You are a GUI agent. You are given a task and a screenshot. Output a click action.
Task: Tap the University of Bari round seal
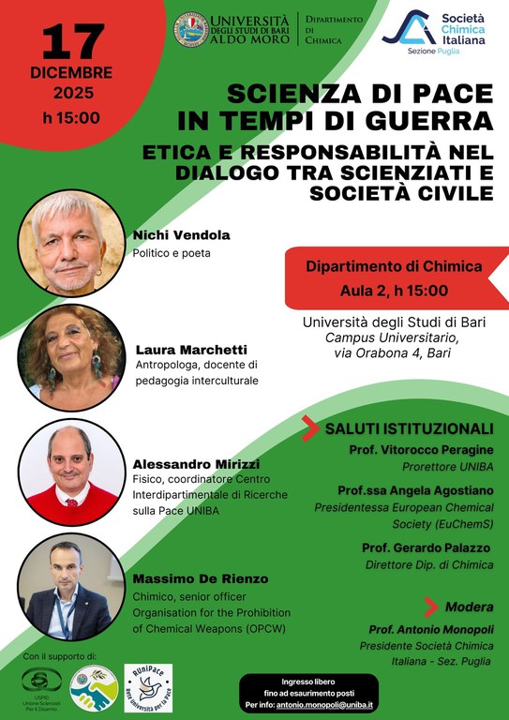coord(192,29)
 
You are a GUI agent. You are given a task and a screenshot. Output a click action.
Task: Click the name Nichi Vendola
coord(181,235)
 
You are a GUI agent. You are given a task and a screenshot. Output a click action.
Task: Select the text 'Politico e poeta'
coord(172,253)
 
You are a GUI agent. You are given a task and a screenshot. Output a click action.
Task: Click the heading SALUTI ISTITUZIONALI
coord(405,429)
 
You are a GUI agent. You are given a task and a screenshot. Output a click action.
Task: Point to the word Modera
coord(469,606)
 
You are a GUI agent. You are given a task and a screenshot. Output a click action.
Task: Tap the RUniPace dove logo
coord(148,687)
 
